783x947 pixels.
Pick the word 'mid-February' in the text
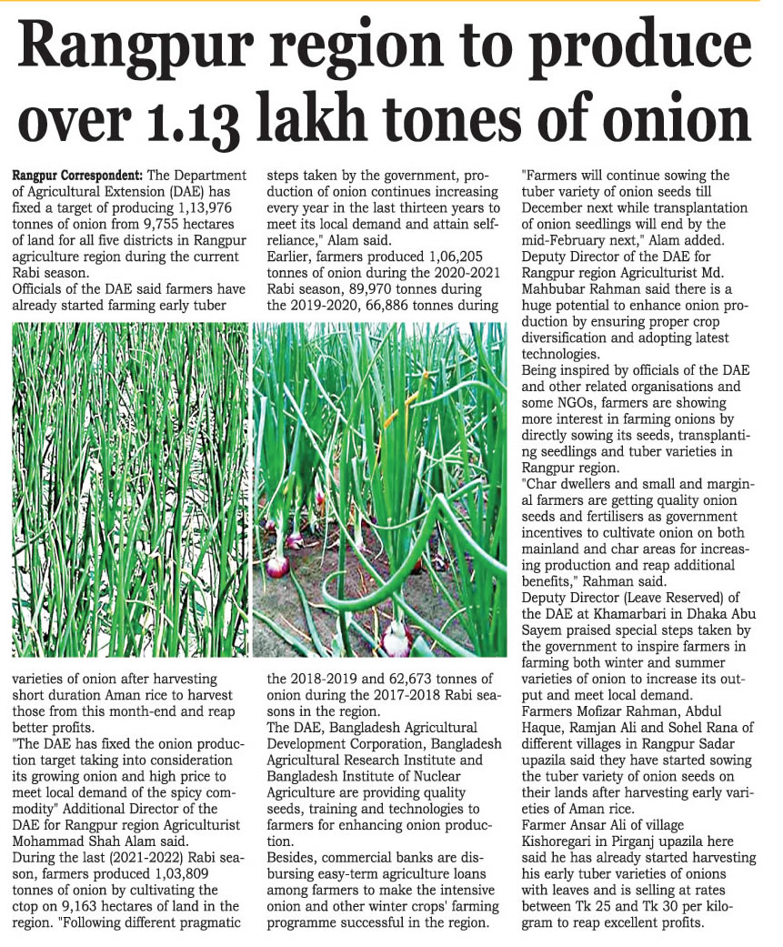tap(561, 224)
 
